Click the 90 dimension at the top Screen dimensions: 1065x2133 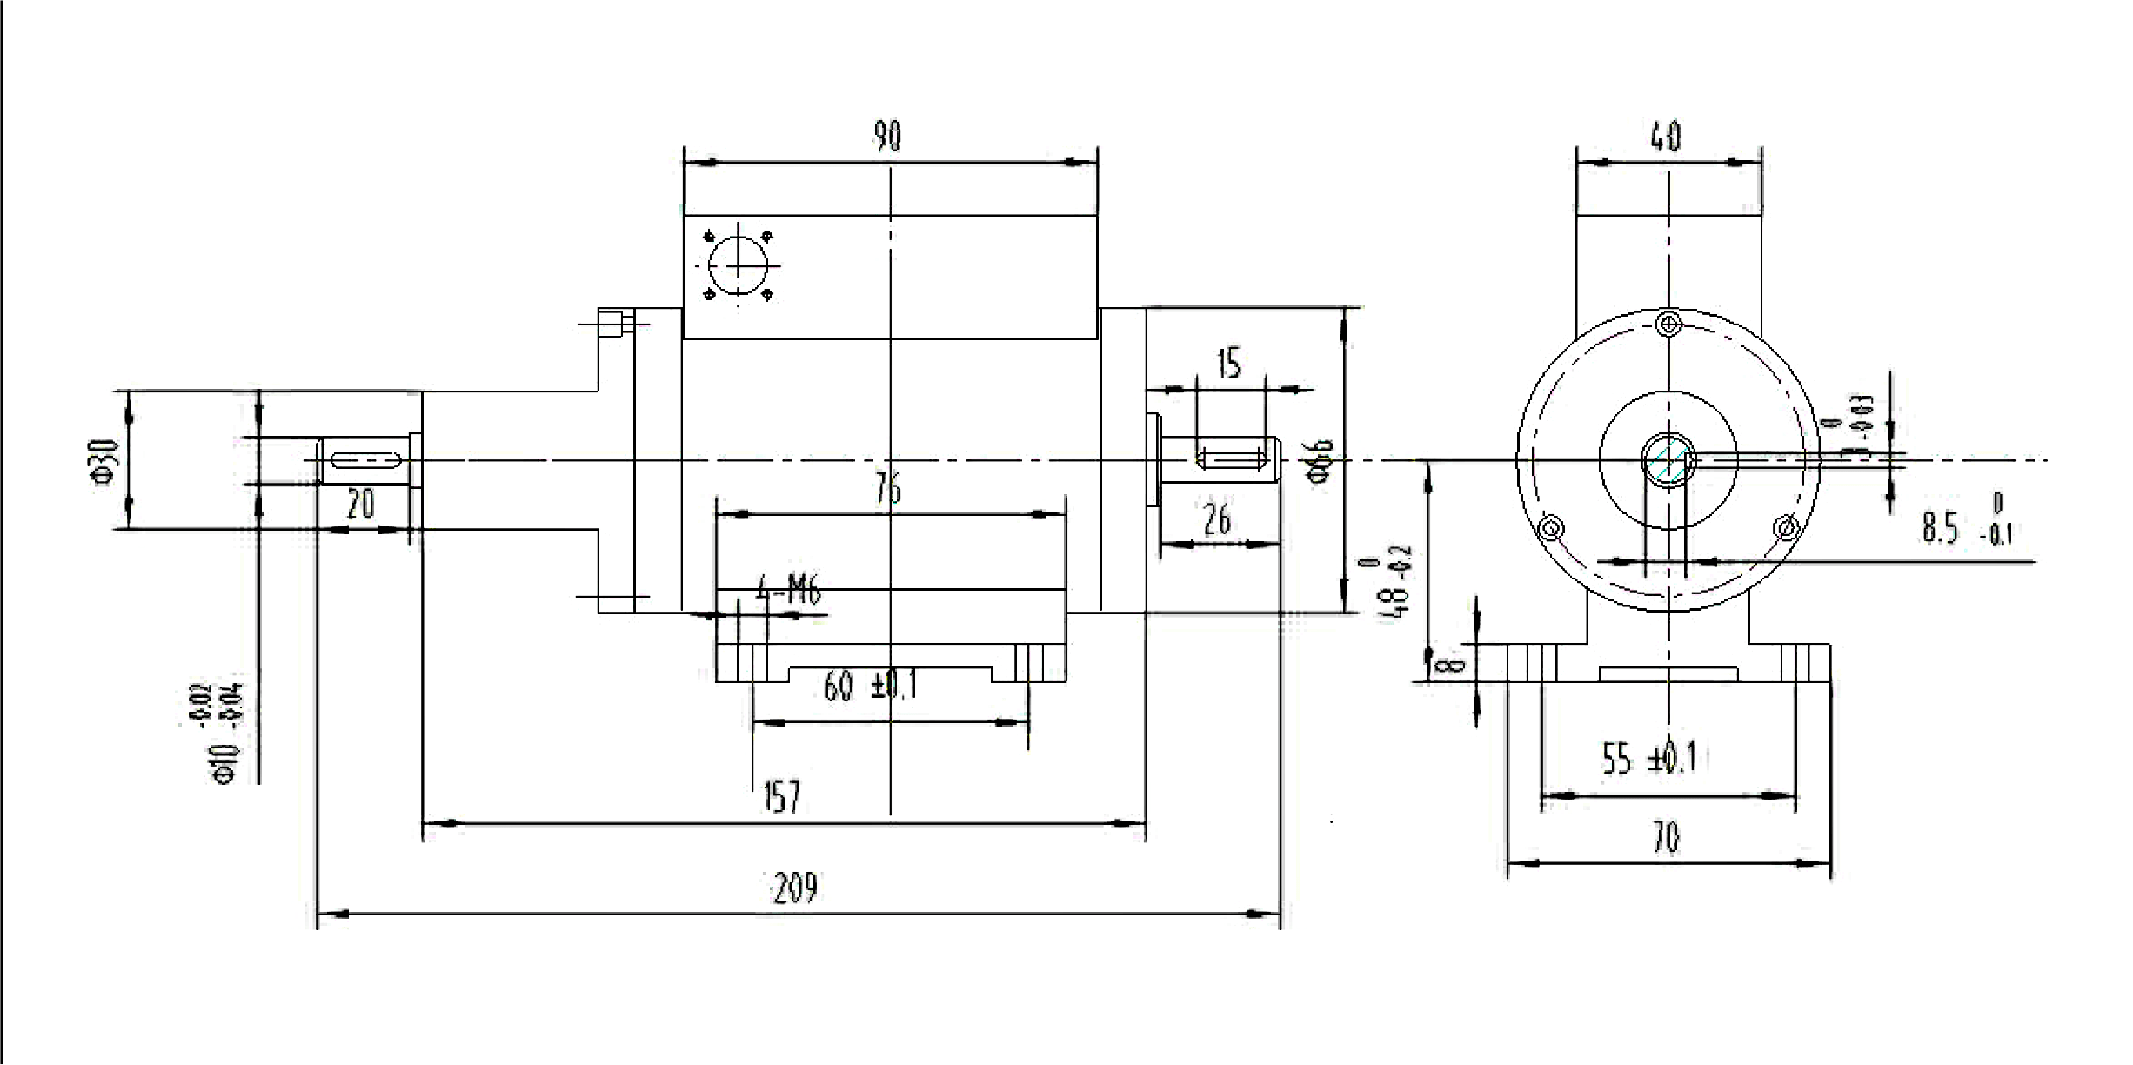(x=887, y=137)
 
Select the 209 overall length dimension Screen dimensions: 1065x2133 (x=795, y=888)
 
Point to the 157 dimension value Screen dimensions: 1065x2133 (x=781, y=796)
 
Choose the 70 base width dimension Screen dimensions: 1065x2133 (x=1666, y=838)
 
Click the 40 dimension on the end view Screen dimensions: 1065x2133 (x=1665, y=137)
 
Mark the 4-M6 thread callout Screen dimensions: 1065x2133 (x=788, y=593)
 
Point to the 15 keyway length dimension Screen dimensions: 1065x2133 (x=1228, y=364)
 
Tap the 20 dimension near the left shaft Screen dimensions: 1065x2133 (x=360, y=504)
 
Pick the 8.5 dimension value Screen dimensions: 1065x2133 (x=1941, y=528)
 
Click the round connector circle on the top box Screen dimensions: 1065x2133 (x=738, y=265)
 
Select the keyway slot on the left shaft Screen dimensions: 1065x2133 (x=364, y=459)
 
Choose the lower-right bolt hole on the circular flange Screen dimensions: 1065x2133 (x=1786, y=527)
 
